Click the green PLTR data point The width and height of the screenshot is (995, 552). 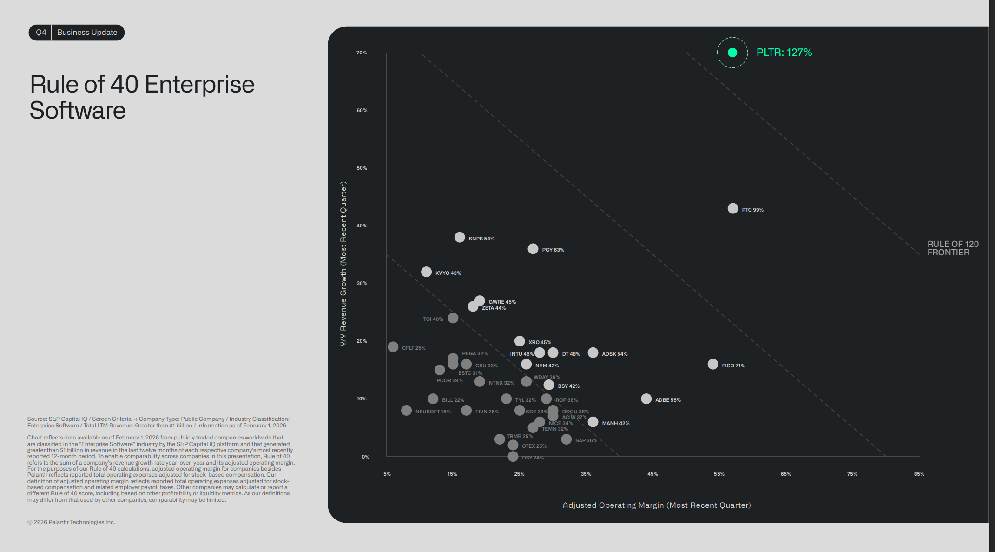tap(732, 53)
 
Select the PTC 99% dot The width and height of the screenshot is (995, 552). tap(733, 208)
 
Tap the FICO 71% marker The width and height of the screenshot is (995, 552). tap(713, 364)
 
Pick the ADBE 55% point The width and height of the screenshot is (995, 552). tap(646, 399)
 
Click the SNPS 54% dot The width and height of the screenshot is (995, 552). tap(460, 237)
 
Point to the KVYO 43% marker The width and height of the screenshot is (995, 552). tap(426, 272)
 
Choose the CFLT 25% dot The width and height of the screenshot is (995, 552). tap(393, 347)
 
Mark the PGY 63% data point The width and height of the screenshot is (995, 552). tap(533, 249)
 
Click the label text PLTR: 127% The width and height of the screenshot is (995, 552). tap(784, 53)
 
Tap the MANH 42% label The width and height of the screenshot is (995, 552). tap(615, 423)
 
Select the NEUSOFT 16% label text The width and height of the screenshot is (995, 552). tap(433, 412)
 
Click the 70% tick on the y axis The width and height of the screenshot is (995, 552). tap(362, 53)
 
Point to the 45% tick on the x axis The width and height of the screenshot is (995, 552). tap(652, 474)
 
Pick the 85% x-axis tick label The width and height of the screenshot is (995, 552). tap(919, 474)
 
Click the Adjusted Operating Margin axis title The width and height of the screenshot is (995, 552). tap(657, 505)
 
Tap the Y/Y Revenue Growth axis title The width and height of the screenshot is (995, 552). tap(343, 264)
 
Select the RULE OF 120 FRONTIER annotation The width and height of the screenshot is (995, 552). tap(953, 248)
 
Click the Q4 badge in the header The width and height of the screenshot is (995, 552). tap(41, 33)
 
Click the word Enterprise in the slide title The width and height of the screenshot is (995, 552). tap(199, 85)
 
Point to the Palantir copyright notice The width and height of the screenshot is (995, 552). tap(71, 522)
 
